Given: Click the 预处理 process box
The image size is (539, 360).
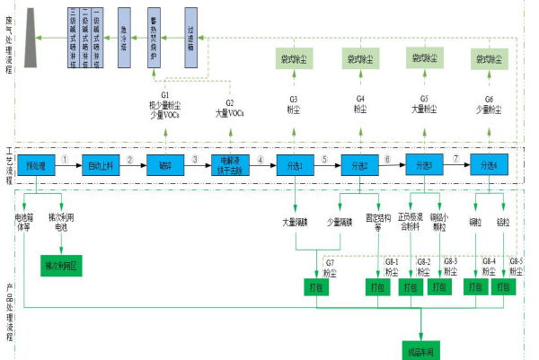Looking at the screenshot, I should click(x=36, y=165).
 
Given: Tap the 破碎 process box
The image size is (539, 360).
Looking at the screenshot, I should click(x=164, y=165).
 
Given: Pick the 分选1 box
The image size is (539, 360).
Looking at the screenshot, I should click(x=294, y=165).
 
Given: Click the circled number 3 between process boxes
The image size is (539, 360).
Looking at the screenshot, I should click(x=194, y=160).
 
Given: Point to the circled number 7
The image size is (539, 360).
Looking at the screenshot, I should click(x=456, y=160).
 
